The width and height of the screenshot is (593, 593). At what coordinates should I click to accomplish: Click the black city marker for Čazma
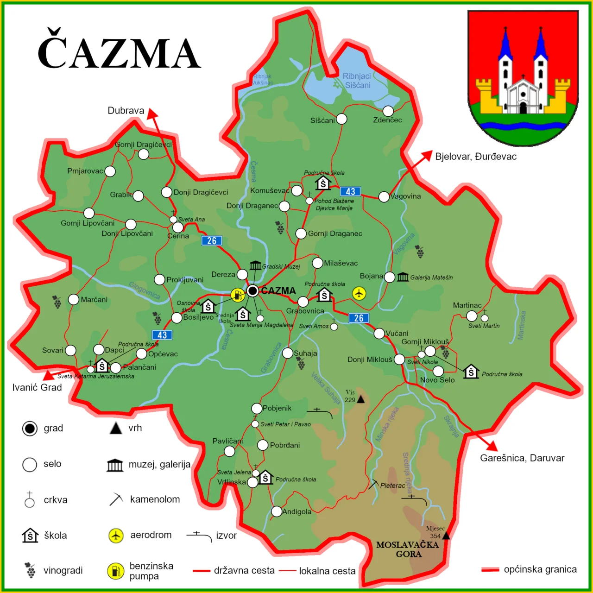pyautogui.click(x=252, y=291)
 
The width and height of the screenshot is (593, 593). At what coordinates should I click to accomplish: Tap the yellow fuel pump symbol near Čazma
pyautogui.click(x=238, y=295)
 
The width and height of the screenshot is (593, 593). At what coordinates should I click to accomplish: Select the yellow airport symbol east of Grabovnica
pyautogui.click(x=359, y=293)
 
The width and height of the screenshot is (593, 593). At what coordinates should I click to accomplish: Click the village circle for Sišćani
pyautogui.click(x=341, y=119)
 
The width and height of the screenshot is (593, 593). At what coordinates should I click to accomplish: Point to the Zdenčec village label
pyautogui.click(x=387, y=120)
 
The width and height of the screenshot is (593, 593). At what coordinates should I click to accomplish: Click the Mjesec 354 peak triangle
pyautogui.click(x=446, y=536)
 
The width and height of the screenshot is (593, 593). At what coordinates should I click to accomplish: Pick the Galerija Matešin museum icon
pyautogui.click(x=403, y=277)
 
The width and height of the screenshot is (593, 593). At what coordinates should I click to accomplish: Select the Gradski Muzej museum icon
pyautogui.click(x=255, y=265)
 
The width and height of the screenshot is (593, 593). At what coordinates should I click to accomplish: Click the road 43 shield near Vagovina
pyautogui.click(x=350, y=191)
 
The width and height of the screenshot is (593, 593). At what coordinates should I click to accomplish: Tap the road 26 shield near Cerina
pyautogui.click(x=212, y=240)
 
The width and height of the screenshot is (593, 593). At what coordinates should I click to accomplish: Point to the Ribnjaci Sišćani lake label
pyautogui.click(x=357, y=81)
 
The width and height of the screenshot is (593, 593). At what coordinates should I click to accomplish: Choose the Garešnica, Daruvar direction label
pyautogui.click(x=522, y=458)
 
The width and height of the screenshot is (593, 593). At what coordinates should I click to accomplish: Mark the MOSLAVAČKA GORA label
pyautogui.click(x=407, y=549)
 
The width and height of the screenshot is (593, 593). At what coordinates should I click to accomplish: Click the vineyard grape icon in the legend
pyautogui.click(x=31, y=570)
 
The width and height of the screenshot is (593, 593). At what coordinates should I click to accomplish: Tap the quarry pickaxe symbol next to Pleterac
pyautogui.click(x=373, y=485)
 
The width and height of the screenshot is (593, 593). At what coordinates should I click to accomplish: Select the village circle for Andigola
pyautogui.click(x=277, y=511)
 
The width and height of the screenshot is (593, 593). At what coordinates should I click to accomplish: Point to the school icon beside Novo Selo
pyautogui.click(x=471, y=372)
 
